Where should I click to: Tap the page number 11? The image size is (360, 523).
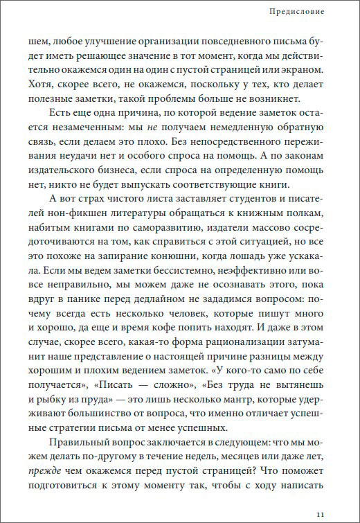[x=319, y=513]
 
